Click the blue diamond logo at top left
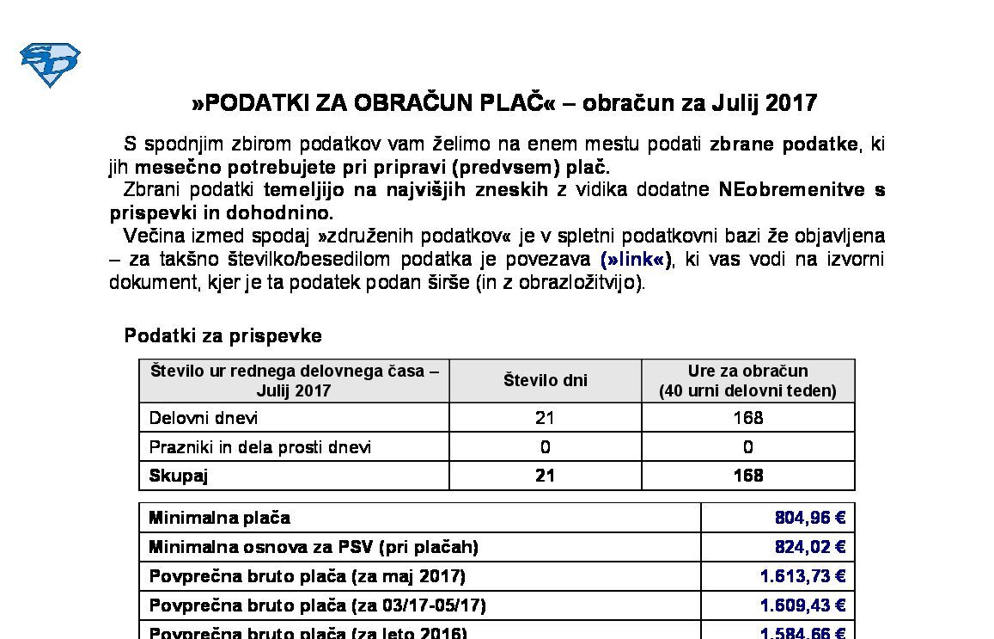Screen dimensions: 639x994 (50, 65)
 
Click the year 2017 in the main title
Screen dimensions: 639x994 (790, 104)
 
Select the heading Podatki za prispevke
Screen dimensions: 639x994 (223, 336)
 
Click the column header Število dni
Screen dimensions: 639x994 (545, 381)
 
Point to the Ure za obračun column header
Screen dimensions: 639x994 (747, 381)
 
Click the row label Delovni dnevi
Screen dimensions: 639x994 (204, 418)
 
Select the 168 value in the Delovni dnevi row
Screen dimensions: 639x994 (747, 418)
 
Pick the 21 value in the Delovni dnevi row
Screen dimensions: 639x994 (545, 418)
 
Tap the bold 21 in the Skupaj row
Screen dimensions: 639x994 (545, 476)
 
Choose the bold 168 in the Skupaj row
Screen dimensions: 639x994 (747, 476)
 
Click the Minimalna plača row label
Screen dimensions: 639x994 (219, 518)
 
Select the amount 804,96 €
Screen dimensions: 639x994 (810, 518)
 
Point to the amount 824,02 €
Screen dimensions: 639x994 (810, 547)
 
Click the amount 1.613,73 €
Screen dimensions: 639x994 (802, 576)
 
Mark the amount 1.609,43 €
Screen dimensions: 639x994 (802, 605)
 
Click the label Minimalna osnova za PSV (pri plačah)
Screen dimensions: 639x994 (314, 547)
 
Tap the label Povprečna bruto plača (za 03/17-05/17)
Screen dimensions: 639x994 (317, 605)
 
